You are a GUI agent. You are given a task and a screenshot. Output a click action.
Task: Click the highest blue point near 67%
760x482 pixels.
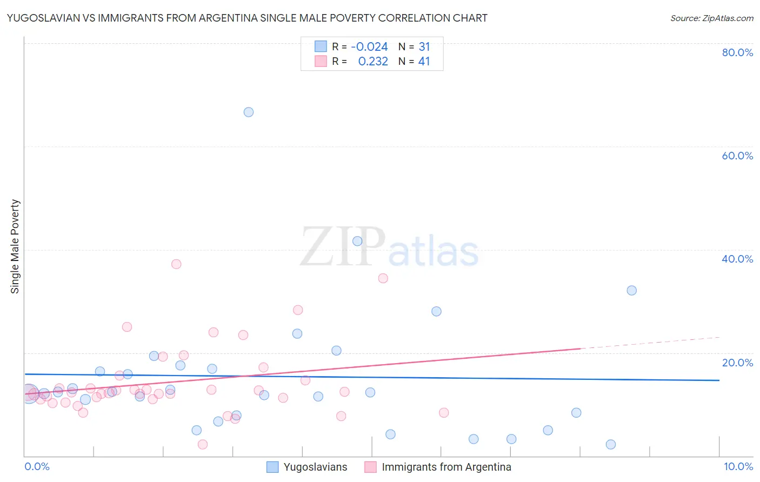click(x=249, y=112)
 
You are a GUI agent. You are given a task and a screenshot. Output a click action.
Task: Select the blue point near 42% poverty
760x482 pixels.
click(x=357, y=242)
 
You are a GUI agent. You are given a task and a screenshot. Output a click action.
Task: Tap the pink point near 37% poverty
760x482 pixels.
click(x=176, y=264)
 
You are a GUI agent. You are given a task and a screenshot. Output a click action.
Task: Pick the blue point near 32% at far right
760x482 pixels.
click(x=631, y=291)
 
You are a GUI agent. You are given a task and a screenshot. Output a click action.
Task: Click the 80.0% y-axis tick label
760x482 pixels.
click(x=737, y=52)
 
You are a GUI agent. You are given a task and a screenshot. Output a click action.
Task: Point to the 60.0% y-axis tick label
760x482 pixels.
click(x=737, y=156)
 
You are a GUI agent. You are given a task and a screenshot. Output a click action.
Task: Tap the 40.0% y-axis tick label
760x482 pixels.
click(x=737, y=259)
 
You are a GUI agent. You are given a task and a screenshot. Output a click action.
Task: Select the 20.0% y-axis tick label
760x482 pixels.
click(x=737, y=363)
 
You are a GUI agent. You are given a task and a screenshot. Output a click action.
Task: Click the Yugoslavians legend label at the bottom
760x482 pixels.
click(x=315, y=467)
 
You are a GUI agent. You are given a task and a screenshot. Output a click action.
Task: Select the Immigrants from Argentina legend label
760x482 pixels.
click(x=446, y=467)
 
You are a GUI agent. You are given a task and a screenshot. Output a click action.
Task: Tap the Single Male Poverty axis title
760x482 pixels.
click(x=15, y=246)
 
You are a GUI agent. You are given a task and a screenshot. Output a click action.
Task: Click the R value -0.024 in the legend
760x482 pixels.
click(x=369, y=47)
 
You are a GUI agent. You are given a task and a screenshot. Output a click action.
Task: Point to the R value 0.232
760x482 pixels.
click(x=373, y=62)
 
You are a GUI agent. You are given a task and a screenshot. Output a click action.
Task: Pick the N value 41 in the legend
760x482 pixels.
click(x=424, y=62)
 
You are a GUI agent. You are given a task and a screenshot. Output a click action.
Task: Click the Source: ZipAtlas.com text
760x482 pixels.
click(x=711, y=18)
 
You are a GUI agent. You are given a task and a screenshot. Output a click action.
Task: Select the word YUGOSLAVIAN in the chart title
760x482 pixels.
click(x=43, y=18)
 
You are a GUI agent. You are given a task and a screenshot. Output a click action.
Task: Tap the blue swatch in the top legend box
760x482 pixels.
click(x=321, y=46)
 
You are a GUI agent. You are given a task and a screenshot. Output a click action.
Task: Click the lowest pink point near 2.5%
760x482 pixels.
click(x=203, y=445)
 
